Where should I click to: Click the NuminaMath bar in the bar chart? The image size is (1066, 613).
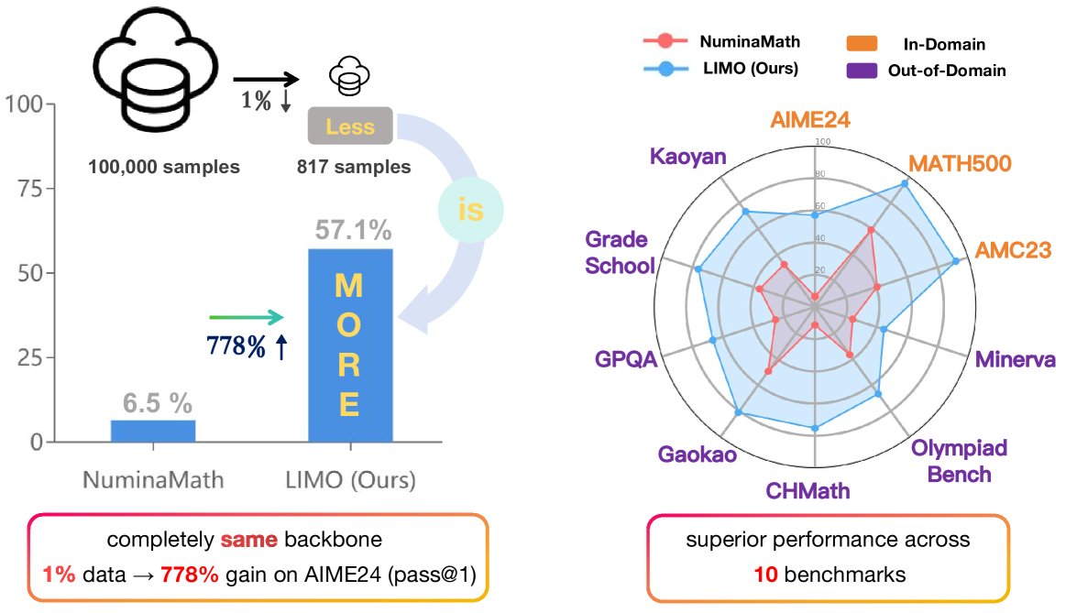153,431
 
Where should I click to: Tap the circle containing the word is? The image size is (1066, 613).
469,211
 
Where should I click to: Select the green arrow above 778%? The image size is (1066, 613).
247,317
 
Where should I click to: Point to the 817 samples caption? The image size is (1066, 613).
354,167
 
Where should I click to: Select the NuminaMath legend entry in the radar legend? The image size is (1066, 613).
725,41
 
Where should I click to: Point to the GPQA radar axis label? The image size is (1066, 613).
627,358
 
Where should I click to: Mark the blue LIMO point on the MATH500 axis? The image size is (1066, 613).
906,184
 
